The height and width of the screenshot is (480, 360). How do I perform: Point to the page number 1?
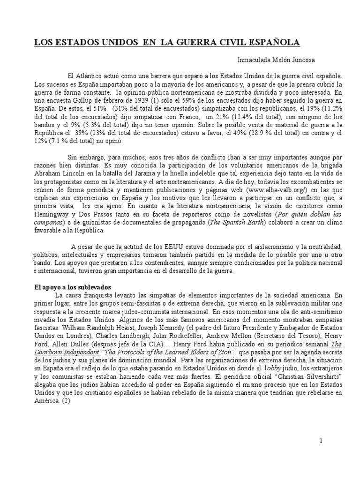[321, 441]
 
